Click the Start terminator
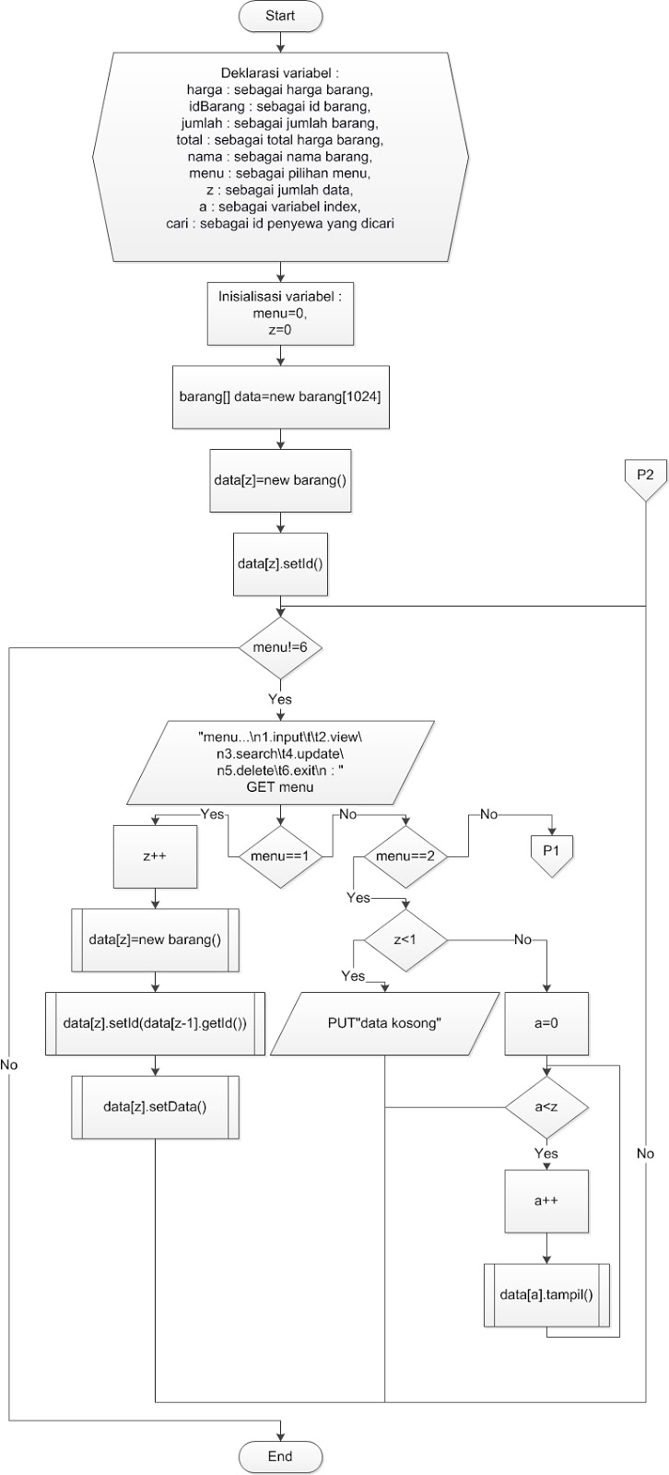[280, 16]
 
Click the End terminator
[280, 1457]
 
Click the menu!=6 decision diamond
[280, 647]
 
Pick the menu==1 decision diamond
[280, 855]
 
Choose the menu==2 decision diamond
[405, 855]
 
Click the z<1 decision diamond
[405, 939]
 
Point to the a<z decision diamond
[546, 1105]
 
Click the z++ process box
[154, 855]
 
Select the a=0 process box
[546, 1023]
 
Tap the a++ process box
[546, 1201]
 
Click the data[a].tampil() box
[546, 1294]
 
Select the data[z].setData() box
[155, 1106]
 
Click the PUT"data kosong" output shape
[385, 1023]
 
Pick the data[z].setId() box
[280, 562]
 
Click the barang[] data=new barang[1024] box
[280, 396]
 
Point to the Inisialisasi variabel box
[280, 313]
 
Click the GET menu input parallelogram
[280, 762]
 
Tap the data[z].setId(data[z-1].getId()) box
[155, 1023]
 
